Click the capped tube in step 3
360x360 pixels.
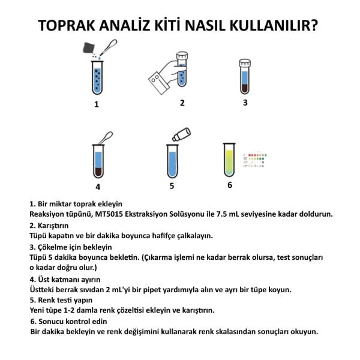point(245,76)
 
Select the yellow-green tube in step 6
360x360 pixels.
point(229,160)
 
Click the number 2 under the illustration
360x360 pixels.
point(182,103)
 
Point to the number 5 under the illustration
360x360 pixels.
point(172,185)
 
